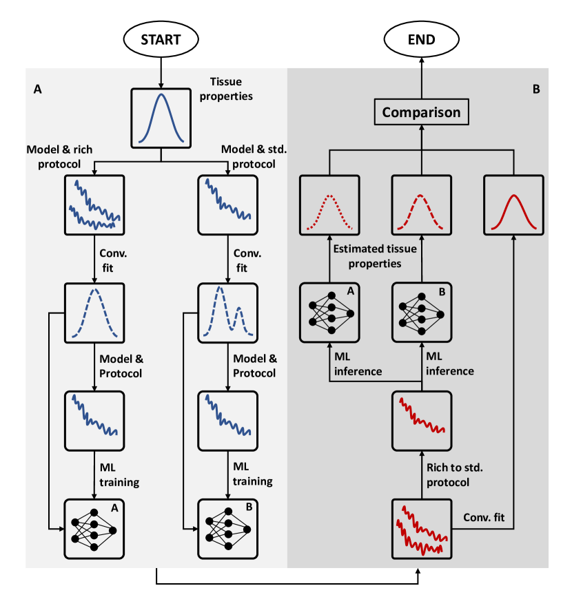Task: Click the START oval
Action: (161, 39)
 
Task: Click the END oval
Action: (422, 39)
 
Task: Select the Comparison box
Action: (422, 112)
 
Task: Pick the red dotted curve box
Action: (329, 205)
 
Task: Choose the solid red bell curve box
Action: (513, 205)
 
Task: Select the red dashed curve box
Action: (422, 205)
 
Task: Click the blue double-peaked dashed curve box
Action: (228, 313)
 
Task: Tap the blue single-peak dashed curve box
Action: (94, 313)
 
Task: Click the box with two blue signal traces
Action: (94, 205)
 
